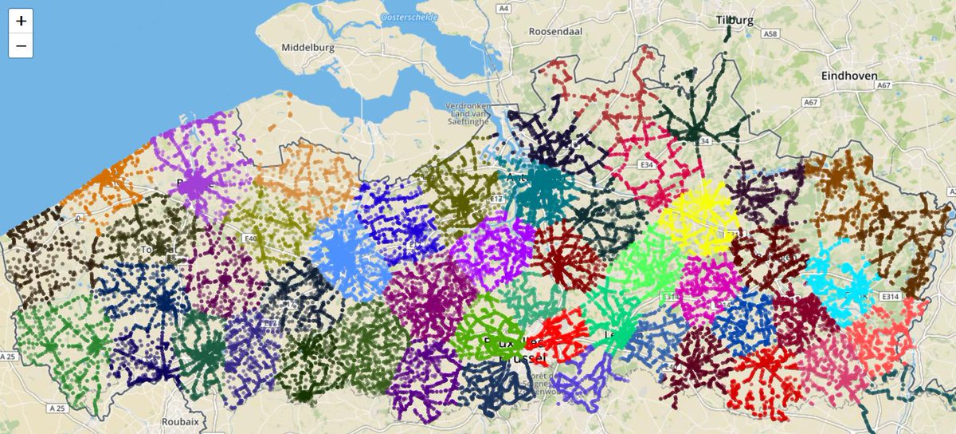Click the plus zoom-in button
tap(21, 22)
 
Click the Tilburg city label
tap(735, 21)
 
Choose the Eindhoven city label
tap(849, 76)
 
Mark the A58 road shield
tap(769, 35)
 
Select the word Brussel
tap(521, 360)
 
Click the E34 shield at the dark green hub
tap(701, 140)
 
